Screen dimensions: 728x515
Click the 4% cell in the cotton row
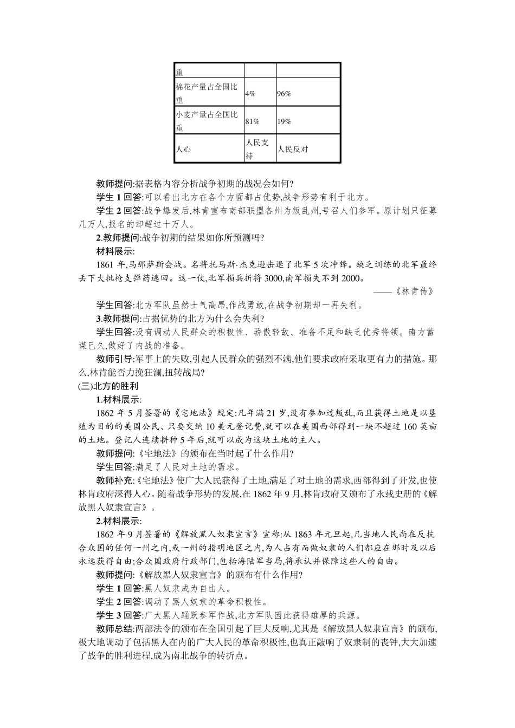(250, 94)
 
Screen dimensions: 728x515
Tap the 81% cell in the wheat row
(252, 122)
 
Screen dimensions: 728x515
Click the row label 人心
(183, 149)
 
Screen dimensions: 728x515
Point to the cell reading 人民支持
(257, 149)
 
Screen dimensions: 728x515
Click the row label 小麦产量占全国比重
(207, 121)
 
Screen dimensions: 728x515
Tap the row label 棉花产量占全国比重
(207, 93)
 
